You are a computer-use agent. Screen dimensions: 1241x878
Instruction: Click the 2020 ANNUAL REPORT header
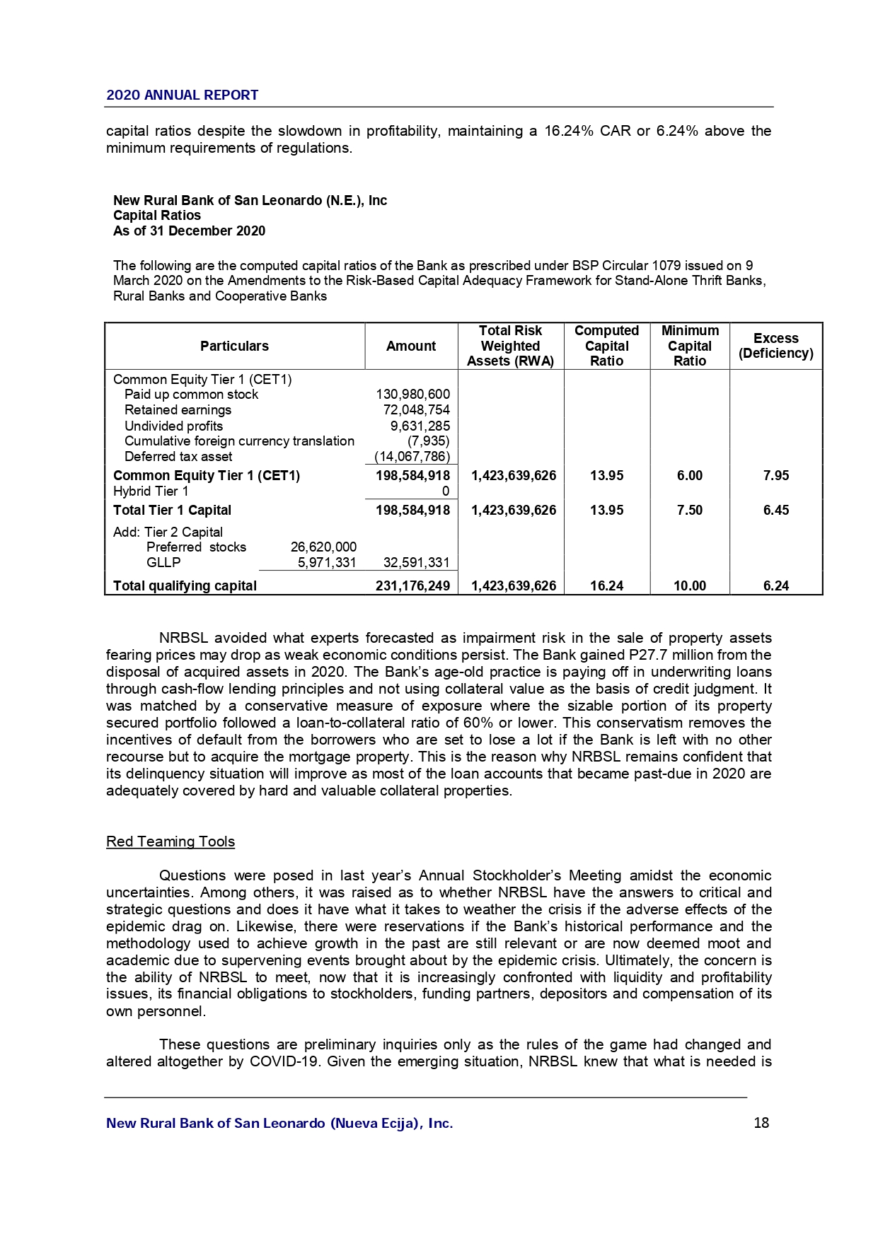tap(182, 95)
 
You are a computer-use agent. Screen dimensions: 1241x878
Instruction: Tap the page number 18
tap(761, 1123)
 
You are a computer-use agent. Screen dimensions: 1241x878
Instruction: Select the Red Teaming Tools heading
tap(170, 841)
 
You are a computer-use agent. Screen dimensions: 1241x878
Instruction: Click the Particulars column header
tap(234, 346)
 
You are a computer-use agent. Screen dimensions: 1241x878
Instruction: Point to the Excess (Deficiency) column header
tap(775, 346)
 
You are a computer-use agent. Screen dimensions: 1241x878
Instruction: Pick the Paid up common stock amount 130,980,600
tap(412, 395)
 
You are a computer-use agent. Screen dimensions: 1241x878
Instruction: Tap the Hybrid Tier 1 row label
tap(151, 491)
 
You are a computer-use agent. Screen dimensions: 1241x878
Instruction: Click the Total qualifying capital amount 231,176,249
tap(412, 585)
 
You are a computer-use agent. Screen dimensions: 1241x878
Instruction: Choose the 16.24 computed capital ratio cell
tap(606, 585)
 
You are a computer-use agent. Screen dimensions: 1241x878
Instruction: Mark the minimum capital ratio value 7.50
tap(689, 511)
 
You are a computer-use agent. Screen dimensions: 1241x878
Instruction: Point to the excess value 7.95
tap(775, 476)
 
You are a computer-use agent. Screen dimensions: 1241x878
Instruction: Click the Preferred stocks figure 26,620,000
tap(323, 547)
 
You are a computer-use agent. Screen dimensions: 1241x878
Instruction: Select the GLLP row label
tap(163, 563)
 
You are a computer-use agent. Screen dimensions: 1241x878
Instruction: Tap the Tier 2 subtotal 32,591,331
tap(416, 563)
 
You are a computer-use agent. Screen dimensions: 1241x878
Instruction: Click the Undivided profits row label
tap(173, 426)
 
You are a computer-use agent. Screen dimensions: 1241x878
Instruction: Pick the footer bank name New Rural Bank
tap(279, 1124)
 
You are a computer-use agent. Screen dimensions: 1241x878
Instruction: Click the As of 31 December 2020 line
tap(189, 231)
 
